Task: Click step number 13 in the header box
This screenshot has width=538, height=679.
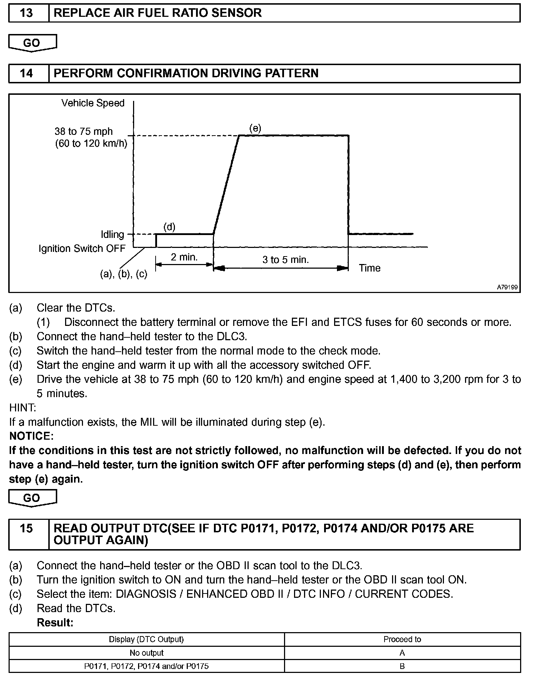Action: pyautogui.click(x=26, y=13)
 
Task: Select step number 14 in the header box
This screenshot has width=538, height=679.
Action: pyautogui.click(x=26, y=73)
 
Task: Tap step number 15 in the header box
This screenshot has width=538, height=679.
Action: pyautogui.click(x=26, y=528)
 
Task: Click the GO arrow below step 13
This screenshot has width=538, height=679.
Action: pyautogui.click(x=32, y=43)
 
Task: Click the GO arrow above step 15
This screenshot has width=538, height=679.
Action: pyautogui.click(x=32, y=498)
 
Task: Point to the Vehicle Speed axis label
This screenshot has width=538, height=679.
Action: pyautogui.click(x=93, y=103)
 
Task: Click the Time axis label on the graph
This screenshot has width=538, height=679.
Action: pyautogui.click(x=370, y=268)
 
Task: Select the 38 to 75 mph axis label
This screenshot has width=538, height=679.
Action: pyautogui.click(x=84, y=132)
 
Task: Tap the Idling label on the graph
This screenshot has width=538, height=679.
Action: pyautogui.click(x=112, y=234)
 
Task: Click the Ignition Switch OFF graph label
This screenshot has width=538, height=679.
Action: pyautogui.click(x=82, y=248)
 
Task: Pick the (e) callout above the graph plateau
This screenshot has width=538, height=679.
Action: pyautogui.click(x=255, y=128)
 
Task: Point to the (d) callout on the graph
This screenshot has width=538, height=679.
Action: pyautogui.click(x=169, y=227)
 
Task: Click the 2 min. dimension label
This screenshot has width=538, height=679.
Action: pyautogui.click(x=184, y=257)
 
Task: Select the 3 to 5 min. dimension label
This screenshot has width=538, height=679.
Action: pyautogui.click(x=285, y=259)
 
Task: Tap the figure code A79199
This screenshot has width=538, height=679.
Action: pyautogui.click(x=507, y=287)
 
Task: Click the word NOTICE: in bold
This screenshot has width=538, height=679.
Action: pyautogui.click(x=31, y=436)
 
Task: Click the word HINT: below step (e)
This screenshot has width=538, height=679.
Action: pyautogui.click(x=23, y=407)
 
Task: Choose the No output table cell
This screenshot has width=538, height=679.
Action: pyautogui.click(x=147, y=653)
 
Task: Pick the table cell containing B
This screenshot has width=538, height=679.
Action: pyautogui.click(x=402, y=666)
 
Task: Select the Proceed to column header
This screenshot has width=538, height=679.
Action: pyautogui.click(x=402, y=639)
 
